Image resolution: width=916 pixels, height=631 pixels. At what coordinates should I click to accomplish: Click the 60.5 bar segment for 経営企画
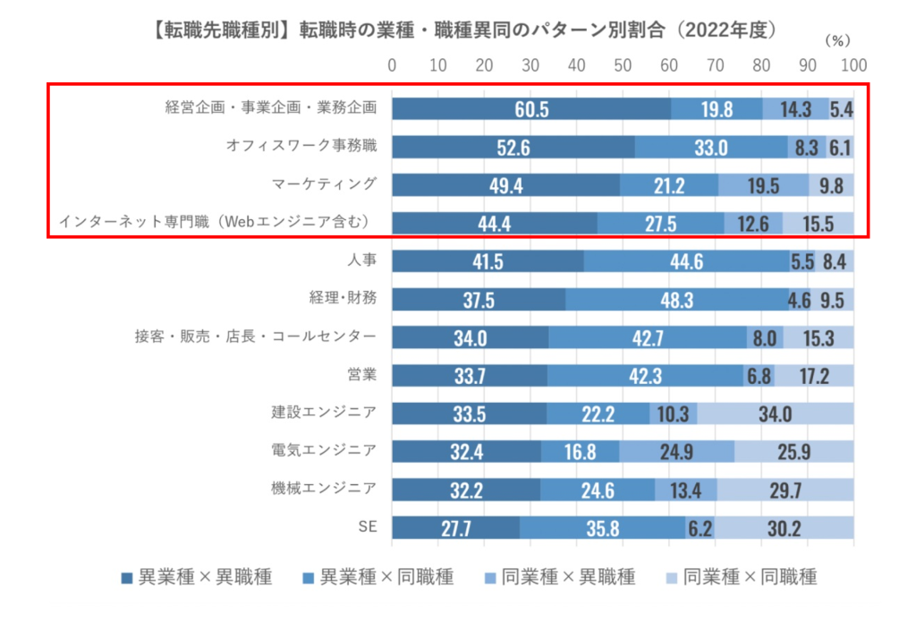point(531,108)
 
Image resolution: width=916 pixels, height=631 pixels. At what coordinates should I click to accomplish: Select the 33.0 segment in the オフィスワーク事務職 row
point(711,148)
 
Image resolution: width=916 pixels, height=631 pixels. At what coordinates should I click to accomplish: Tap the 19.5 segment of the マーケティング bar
point(763,185)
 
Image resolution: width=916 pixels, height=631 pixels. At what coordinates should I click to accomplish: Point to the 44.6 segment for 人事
point(687,261)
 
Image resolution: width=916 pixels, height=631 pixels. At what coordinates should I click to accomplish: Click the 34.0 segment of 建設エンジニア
point(775,414)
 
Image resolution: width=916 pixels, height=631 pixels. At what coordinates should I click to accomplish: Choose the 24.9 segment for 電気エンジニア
point(676,451)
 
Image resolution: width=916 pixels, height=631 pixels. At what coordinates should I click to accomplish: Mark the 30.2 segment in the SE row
point(783,528)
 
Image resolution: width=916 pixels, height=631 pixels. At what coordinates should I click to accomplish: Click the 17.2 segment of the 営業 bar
point(813,375)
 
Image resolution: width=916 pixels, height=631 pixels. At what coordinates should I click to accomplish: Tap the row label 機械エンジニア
point(323,489)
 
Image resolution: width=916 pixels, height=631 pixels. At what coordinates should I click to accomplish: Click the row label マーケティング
point(323,183)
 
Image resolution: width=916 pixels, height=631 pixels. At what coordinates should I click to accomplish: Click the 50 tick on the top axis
point(623,65)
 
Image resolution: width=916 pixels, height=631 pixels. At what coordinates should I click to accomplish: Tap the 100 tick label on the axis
point(853,65)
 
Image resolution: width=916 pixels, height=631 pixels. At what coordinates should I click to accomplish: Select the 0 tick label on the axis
point(392,65)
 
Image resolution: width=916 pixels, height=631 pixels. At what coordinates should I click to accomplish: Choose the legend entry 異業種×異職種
point(196,577)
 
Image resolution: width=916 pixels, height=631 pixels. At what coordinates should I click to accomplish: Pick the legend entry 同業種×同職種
point(742,577)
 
